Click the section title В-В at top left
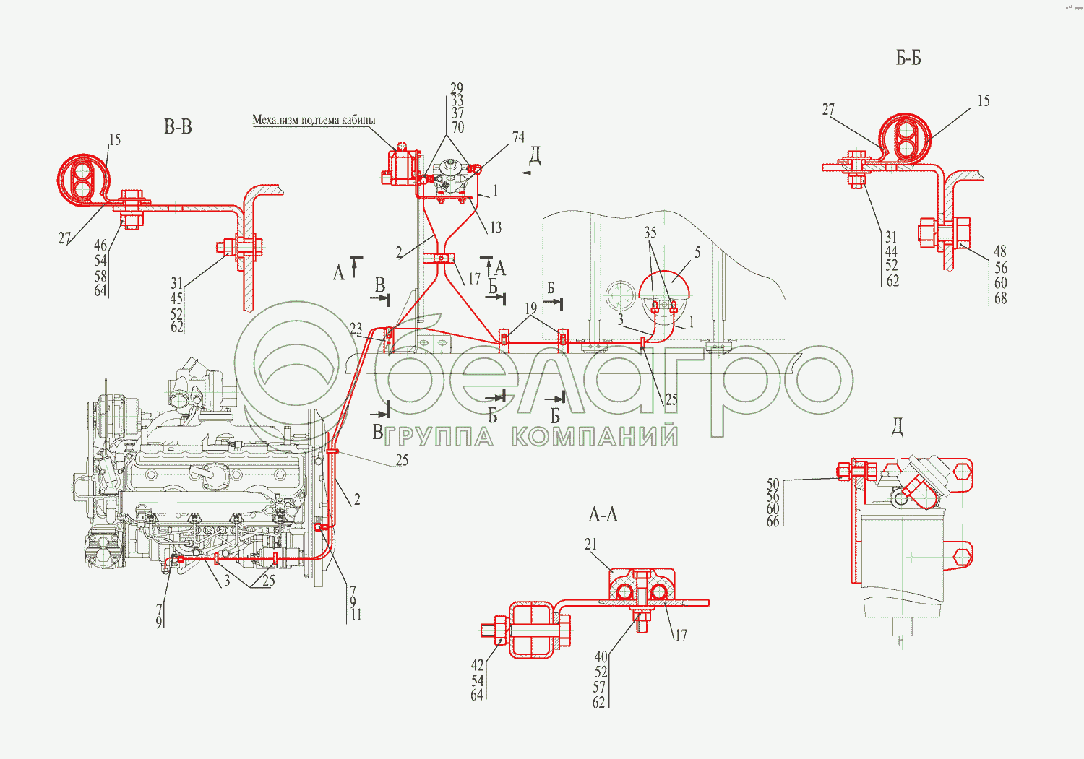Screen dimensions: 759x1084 (x=178, y=128)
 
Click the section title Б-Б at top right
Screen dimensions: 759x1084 (x=908, y=58)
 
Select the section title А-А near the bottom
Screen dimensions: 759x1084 (x=603, y=515)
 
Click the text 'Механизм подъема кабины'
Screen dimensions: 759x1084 (x=314, y=120)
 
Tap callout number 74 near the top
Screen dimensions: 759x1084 (x=518, y=137)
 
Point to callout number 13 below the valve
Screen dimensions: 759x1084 (x=495, y=228)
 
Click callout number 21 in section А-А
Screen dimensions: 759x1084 (x=591, y=545)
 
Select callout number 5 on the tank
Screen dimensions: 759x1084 (x=697, y=253)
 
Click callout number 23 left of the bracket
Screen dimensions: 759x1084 (x=356, y=329)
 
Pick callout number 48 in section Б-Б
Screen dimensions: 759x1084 (x=1000, y=251)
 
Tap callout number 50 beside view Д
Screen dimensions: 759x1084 (x=773, y=485)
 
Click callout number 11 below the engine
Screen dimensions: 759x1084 (x=356, y=615)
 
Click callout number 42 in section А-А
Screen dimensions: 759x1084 (x=477, y=665)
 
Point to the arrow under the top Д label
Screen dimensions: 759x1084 (x=531, y=173)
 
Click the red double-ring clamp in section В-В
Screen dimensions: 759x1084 (x=82, y=177)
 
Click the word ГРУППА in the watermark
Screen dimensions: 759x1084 (x=439, y=437)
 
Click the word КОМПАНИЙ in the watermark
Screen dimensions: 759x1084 (x=595, y=436)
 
